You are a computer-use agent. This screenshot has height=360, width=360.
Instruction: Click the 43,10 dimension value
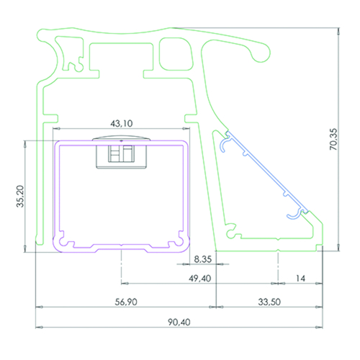122,123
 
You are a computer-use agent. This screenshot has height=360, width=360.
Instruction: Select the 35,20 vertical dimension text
20,196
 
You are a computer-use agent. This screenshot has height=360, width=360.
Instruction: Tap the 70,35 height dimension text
333,139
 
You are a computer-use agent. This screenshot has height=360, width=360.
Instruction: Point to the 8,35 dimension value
203,259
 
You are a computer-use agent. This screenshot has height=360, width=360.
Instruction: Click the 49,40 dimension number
200,279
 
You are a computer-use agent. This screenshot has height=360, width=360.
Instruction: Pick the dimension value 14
300,279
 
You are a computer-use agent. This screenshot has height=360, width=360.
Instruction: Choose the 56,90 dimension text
126,302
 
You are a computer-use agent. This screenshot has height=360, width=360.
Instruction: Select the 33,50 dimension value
269,302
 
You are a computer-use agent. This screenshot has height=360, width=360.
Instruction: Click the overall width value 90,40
179,322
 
